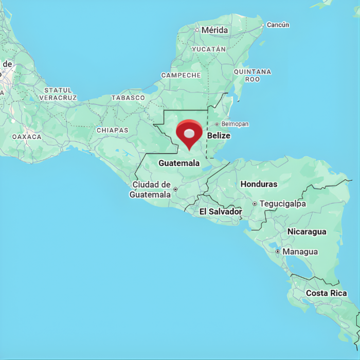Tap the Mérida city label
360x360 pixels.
(x=214, y=30)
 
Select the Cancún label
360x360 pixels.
(x=278, y=25)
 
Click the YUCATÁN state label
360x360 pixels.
(x=209, y=49)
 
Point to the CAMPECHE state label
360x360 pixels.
(x=181, y=75)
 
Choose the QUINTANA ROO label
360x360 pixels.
(x=252, y=76)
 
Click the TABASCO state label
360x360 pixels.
(x=128, y=97)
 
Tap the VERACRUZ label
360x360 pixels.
(x=58, y=97)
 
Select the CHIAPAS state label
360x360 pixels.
(x=112, y=130)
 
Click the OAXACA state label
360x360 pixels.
(x=27, y=137)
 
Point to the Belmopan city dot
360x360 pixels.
(x=217, y=124)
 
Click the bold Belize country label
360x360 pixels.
(x=219, y=136)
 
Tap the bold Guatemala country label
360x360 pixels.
(x=179, y=163)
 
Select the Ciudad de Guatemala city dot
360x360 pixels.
(x=175, y=189)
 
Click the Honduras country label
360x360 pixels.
(x=259, y=184)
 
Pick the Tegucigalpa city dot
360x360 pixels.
(x=255, y=204)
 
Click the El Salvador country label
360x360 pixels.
(x=221, y=211)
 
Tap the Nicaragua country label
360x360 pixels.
(x=307, y=231)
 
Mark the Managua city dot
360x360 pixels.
(x=278, y=251)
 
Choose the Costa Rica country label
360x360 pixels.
(x=327, y=293)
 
